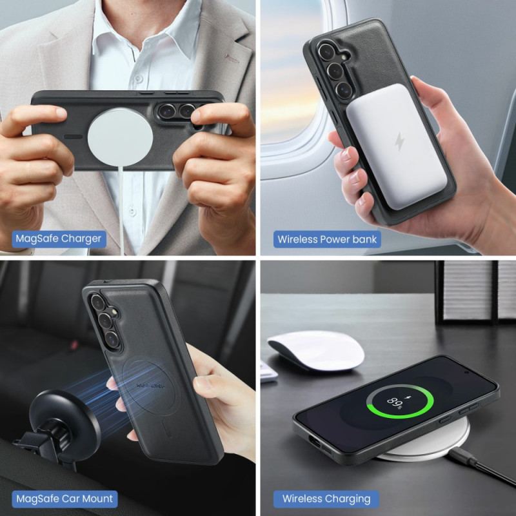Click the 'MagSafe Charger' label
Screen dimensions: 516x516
(x=58, y=239)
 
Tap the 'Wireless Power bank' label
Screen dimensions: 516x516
(x=327, y=239)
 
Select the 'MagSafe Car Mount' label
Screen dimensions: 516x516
(x=64, y=498)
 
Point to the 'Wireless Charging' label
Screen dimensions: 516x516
(x=326, y=498)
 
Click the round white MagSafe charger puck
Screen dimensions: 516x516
(x=119, y=139)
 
